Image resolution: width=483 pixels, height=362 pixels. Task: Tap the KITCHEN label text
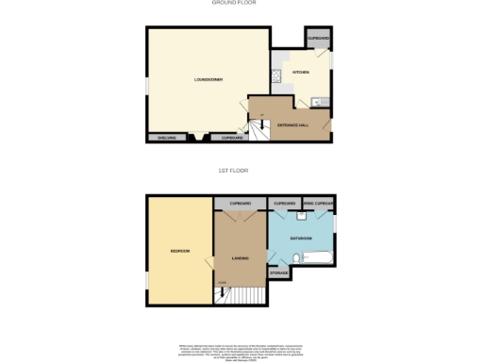pyautogui.click(x=301, y=72)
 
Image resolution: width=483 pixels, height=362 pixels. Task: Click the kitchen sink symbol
pyautogui.click(x=316, y=102)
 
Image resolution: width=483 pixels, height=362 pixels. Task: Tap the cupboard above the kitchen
pyautogui.click(x=318, y=39)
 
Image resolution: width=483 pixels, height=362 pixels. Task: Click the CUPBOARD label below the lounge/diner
pyautogui.click(x=232, y=138)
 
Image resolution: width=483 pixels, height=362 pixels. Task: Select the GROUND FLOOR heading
pyautogui.click(x=235, y=3)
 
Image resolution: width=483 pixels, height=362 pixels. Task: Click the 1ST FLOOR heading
pyautogui.click(x=236, y=171)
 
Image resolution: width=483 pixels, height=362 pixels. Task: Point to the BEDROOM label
pyautogui.click(x=179, y=251)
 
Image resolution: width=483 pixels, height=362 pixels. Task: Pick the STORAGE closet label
pyautogui.click(x=279, y=273)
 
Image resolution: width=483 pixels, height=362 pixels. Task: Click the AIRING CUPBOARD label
pyautogui.click(x=321, y=203)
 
